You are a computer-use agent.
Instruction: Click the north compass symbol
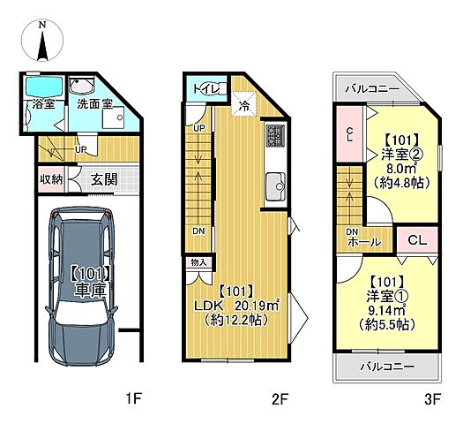42,41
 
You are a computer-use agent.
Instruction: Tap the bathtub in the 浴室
44,86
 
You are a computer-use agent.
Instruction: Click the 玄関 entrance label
104,179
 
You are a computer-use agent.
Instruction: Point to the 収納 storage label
51,179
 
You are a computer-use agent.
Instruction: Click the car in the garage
82,287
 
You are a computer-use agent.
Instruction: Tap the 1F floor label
134,399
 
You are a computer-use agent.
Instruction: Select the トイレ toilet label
205,88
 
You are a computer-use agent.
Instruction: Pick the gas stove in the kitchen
275,135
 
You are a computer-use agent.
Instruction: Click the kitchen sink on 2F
275,186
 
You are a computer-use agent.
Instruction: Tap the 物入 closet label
198,262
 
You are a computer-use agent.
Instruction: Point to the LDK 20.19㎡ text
236,306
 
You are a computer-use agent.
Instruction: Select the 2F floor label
280,399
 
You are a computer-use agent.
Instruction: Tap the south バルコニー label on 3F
387,367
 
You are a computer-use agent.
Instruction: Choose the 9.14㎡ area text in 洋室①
386,309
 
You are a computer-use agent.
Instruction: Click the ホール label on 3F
363,242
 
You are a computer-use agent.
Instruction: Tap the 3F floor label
432,399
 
